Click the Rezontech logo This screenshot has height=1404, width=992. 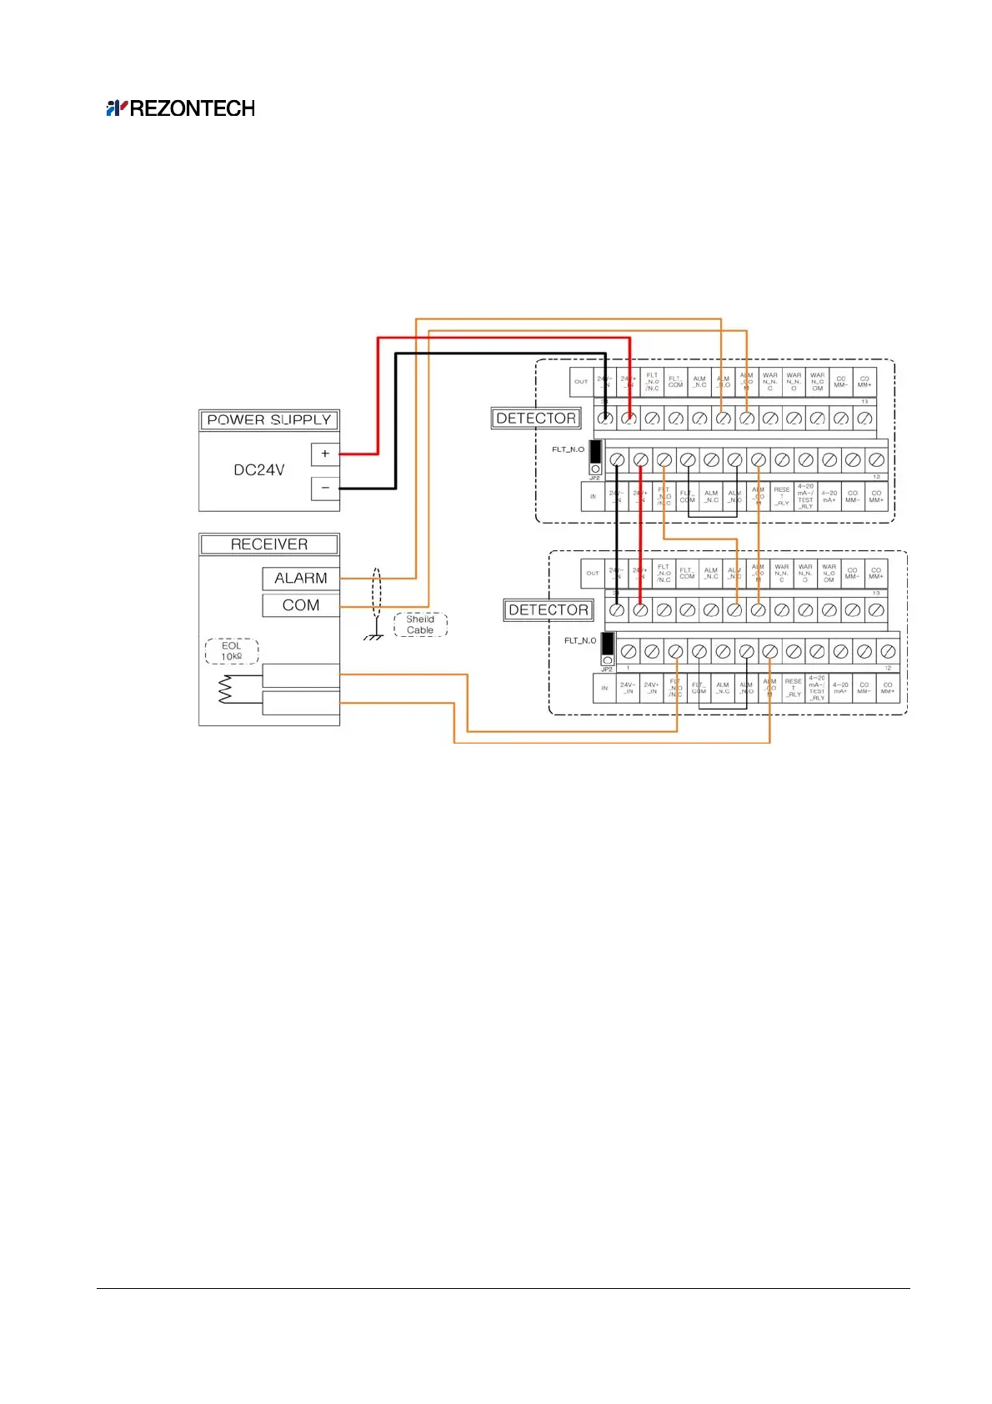pyautogui.click(x=180, y=108)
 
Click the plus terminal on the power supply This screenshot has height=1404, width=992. pyautogui.click(x=325, y=454)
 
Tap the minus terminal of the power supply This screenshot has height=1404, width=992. pyautogui.click(x=325, y=488)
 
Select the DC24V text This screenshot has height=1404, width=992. pyautogui.click(x=258, y=470)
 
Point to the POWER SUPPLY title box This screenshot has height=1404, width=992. pyautogui.click(x=269, y=420)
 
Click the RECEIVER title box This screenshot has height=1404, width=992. pyautogui.click(x=269, y=544)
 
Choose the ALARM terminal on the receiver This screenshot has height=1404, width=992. pyautogui.click(x=301, y=579)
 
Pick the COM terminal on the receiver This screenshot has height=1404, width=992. pyautogui.click(x=301, y=605)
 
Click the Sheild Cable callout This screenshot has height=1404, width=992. pyautogui.click(x=420, y=624)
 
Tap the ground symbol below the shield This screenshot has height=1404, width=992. pyautogui.click(x=374, y=636)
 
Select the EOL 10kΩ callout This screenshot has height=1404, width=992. pyautogui.click(x=232, y=651)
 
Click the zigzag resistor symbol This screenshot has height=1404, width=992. pyautogui.click(x=224, y=689)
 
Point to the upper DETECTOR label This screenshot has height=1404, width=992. pyautogui.click(x=536, y=419)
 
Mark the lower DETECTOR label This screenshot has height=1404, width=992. pyautogui.click(x=549, y=610)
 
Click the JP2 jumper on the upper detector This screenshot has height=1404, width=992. pyautogui.click(x=595, y=457)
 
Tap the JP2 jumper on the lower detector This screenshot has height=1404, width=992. pyautogui.click(x=607, y=649)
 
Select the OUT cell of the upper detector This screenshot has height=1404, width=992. pyautogui.click(x=581, y=382)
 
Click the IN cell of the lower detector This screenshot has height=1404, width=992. pyautogui.click(x=604, y=689)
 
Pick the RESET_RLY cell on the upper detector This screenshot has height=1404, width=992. pyautogui.click(x=782, y=496)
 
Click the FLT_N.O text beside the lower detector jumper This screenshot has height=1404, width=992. pyautogui.click(x=580, y=640)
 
